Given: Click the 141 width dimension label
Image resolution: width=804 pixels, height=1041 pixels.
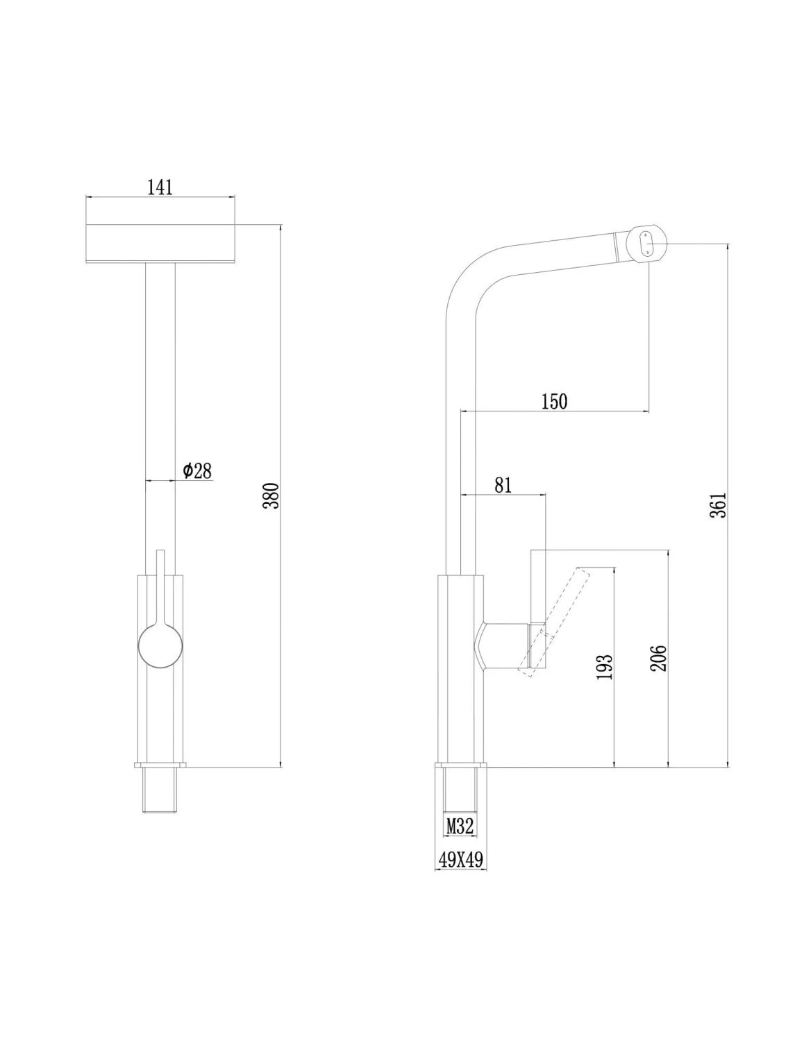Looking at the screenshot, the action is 160,188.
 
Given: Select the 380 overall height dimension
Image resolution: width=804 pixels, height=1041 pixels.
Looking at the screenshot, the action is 273,496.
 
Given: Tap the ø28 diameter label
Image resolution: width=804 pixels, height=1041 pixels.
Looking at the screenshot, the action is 197,471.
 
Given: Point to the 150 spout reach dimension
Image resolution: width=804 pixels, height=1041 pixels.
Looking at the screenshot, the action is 554,401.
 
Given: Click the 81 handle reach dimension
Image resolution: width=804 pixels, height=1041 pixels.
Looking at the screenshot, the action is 503,485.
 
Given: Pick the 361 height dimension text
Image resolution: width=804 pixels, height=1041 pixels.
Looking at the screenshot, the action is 719,505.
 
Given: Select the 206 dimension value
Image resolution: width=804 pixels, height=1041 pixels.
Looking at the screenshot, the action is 659,658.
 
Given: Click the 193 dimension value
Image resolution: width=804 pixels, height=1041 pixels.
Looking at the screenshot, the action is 605,667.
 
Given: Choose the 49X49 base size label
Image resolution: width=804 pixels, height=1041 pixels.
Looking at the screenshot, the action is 460,860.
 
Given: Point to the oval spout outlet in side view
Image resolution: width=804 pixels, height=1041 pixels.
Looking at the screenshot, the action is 646,244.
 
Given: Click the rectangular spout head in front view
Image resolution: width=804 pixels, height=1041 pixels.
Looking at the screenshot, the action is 160,244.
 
